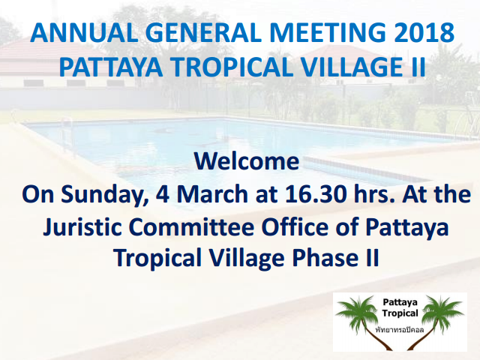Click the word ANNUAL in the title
tap(84, 32)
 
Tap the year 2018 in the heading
tap(424, 32)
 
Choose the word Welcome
tap(247, 161)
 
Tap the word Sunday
tap(104, 195)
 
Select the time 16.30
tap(316, 194)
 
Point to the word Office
tap(295, 227)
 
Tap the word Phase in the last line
tap(324, 258)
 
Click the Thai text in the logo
tap(400, 330)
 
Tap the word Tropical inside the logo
tap(400, 313)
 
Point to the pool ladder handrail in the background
tap(68, 135)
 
